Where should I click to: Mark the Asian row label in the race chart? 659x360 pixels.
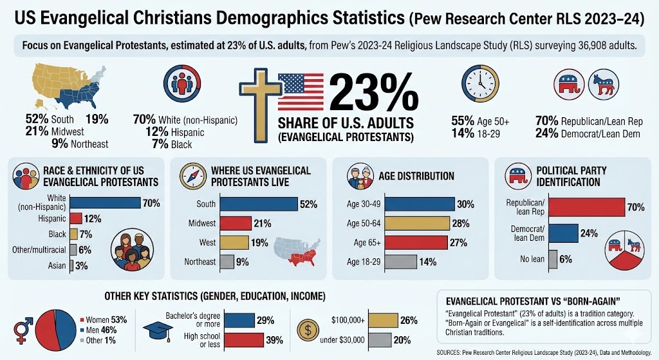(x=57, y=266)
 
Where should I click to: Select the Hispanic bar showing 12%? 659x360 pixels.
(x=76, y=218)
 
